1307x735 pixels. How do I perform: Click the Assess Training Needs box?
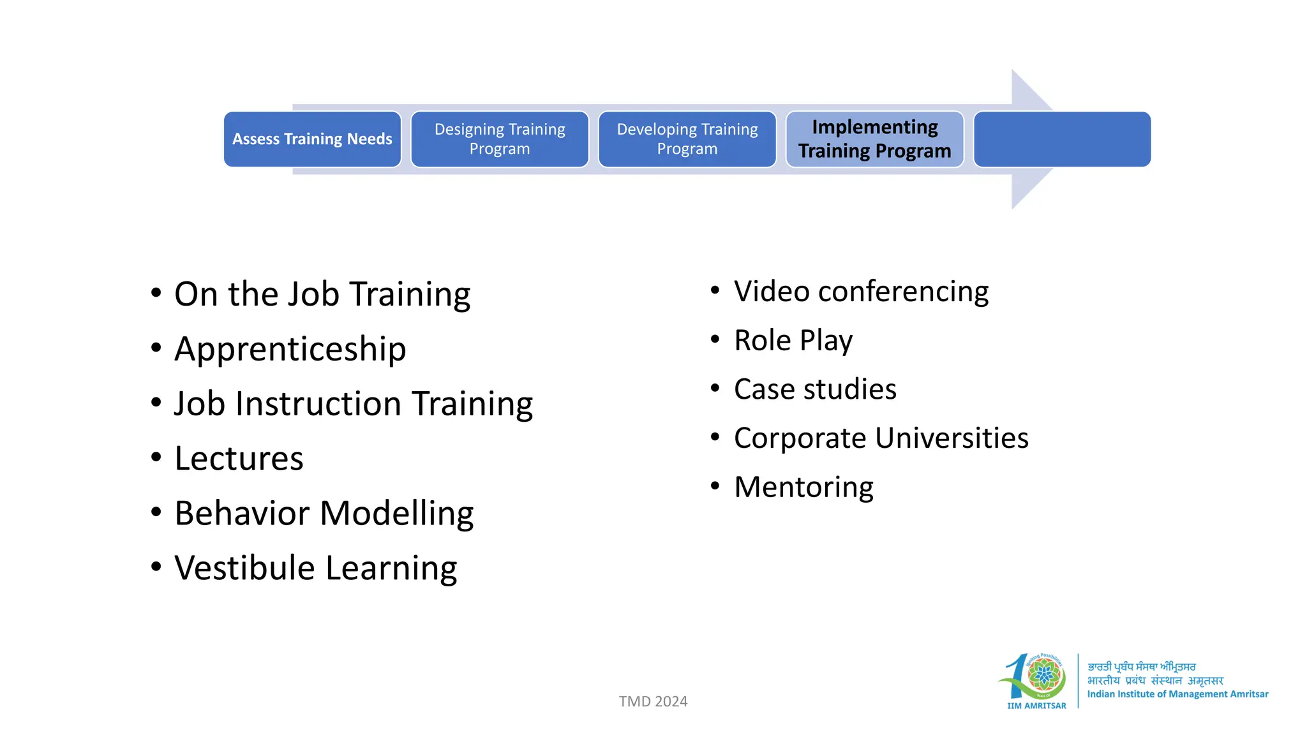(x=312, y=139)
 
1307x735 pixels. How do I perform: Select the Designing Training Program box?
(x=500, y=139)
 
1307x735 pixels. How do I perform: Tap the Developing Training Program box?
(x=687, y=139)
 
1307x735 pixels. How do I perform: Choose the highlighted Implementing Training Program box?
(x=874, y=139)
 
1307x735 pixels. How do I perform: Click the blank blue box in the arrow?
(x=1062, y=139)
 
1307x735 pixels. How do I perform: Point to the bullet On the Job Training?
(x=322, y=294)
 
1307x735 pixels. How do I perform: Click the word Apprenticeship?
(x=290, y=349)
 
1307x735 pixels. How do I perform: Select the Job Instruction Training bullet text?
(x=354, y=404)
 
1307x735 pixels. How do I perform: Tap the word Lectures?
(x=239, y=459)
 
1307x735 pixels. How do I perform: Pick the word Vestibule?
(x=245, y=568)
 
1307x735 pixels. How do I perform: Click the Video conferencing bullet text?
(x=861, y=292)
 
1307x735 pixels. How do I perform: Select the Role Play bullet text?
(x=793, y=341)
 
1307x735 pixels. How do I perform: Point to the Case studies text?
(x=815, y=389)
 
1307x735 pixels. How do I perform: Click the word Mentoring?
(x=803, y=487)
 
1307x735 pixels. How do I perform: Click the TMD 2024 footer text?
(x=653, y=701)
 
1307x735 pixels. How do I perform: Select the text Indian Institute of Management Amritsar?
(x=1177, y=694)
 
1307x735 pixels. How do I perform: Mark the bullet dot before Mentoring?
(x=715, y=486)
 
